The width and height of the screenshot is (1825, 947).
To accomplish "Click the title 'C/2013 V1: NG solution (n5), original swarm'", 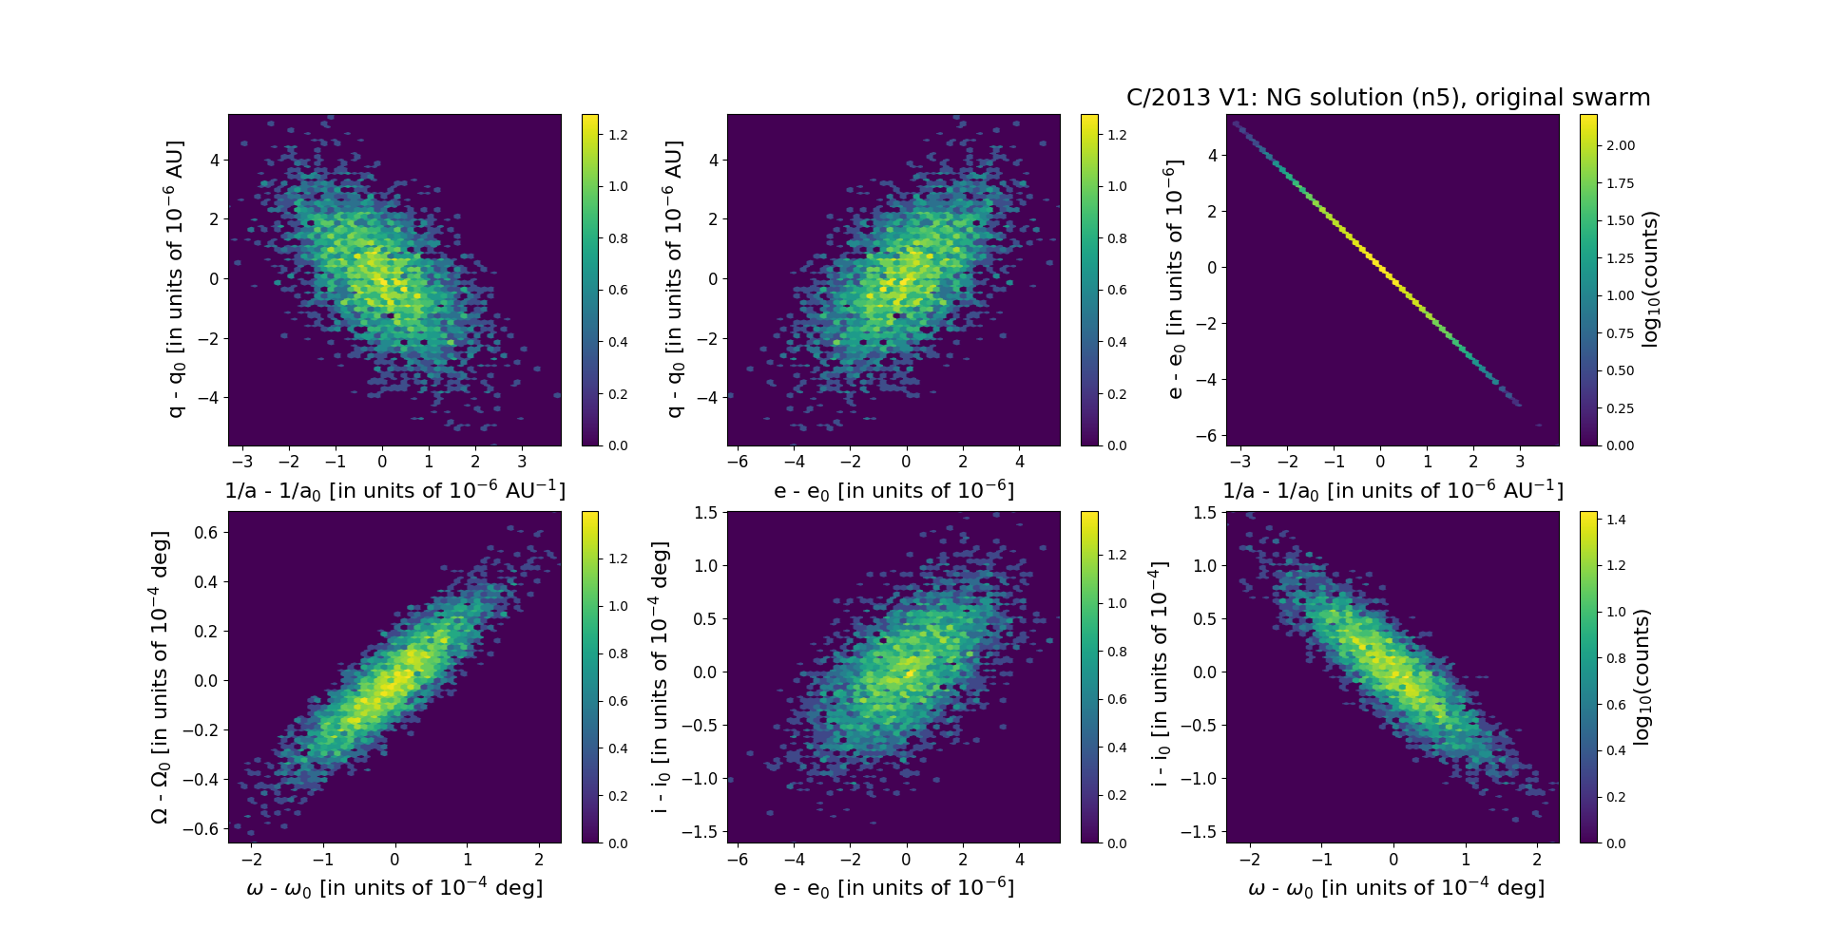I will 1388,98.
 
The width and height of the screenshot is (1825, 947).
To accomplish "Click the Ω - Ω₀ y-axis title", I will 160,677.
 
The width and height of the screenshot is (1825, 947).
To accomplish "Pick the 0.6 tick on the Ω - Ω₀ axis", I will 205,533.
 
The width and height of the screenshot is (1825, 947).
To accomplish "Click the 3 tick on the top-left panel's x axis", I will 522,462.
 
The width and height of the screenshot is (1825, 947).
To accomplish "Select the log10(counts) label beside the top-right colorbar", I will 1650,279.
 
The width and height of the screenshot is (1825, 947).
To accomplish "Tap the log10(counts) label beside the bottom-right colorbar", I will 1641,677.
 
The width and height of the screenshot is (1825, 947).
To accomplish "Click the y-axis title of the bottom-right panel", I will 1159,673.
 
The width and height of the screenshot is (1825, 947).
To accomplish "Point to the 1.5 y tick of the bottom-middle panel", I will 705,513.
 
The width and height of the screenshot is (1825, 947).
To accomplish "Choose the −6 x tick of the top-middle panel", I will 738,462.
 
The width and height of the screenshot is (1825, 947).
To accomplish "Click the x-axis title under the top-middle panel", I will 893,491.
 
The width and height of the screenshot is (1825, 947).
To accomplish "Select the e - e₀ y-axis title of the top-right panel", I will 1175,279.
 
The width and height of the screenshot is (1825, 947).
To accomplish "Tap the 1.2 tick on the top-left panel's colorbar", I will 618,135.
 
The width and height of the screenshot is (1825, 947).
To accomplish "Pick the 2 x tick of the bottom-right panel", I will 1537,859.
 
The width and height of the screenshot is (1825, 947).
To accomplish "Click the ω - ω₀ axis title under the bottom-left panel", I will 394,888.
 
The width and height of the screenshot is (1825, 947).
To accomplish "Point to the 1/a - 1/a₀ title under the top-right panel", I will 1393,491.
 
